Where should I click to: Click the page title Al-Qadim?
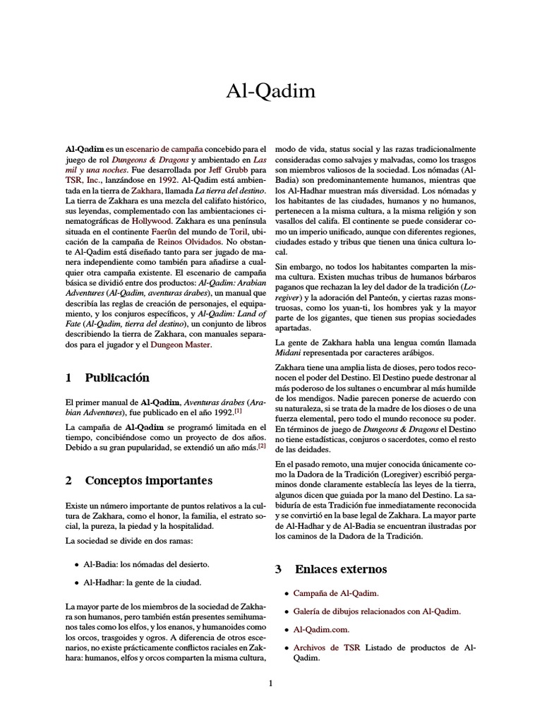tap(270, 91)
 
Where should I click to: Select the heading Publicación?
tap(117, 378)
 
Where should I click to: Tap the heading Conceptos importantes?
tap(148, 481)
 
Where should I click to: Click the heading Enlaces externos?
tap(341, 568)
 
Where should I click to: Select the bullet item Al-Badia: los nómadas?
tap(146, 565)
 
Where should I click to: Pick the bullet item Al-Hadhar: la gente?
tap(143, 582)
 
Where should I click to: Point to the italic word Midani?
tap(288, 352)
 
